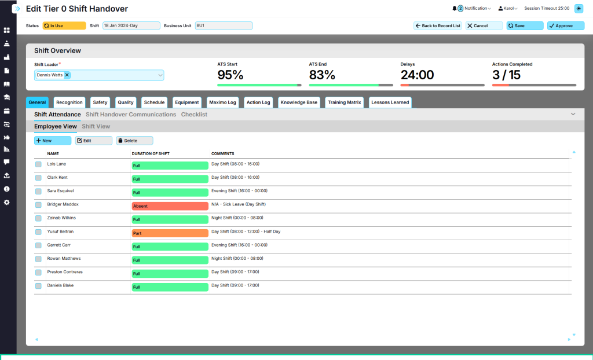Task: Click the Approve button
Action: click(x=565, y=25)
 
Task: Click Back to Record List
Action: click(x=438, y=25)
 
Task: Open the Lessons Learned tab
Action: click(x=390, y=102)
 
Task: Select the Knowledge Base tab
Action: click(x=299, y=102)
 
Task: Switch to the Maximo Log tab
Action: click(x=222, y=102)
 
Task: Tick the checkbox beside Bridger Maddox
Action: click(x=38, y=205)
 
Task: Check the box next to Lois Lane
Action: click(x=38, y=164)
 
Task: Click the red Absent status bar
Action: click(x=170, y=206)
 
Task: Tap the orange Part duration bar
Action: click(x=170, y=233)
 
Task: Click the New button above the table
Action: click(x=53, y=141)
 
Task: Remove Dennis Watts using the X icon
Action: click(x=67, y=75)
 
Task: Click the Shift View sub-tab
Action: click(x=96, y=126)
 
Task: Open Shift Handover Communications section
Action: click(x=131, y=115)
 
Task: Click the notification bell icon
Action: click(x=454, y=8)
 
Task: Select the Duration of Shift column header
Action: click(x=151, y=153)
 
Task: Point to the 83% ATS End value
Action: click(x=322, y=75)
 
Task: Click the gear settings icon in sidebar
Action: click(x=7, y=203)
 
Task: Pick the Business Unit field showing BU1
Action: click(x=224, y=25)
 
